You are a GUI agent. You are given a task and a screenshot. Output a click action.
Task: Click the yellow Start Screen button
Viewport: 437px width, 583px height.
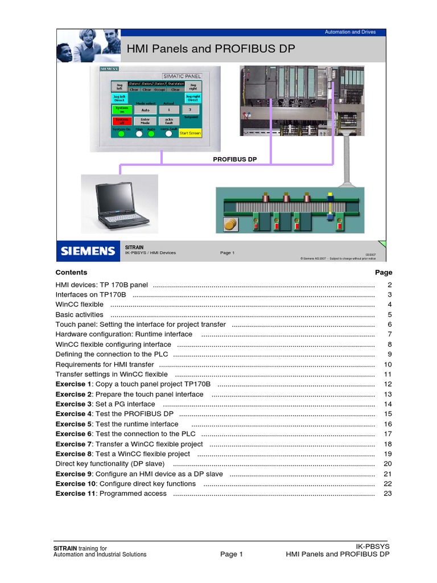pos(190,133)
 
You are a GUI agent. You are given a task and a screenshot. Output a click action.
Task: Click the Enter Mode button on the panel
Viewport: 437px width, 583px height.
pos(145,121)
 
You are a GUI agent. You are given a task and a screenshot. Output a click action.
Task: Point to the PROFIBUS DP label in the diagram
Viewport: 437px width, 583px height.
pos(235,160)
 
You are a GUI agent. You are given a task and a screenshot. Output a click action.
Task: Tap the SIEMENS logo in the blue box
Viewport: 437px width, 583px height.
pos(88,251)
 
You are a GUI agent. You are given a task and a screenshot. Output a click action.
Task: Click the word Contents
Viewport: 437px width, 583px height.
pos(71,273)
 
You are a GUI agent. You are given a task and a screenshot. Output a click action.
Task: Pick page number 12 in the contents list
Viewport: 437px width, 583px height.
pos(388,384)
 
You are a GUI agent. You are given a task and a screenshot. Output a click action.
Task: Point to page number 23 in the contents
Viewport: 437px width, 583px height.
pos(388,494)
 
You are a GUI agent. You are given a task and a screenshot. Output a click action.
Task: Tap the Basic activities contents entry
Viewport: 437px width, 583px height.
pos(79,315)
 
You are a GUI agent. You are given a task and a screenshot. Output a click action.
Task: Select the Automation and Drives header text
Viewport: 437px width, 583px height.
pos(350,32)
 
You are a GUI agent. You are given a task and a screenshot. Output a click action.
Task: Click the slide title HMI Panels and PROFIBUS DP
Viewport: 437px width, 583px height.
pos(211,49)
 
